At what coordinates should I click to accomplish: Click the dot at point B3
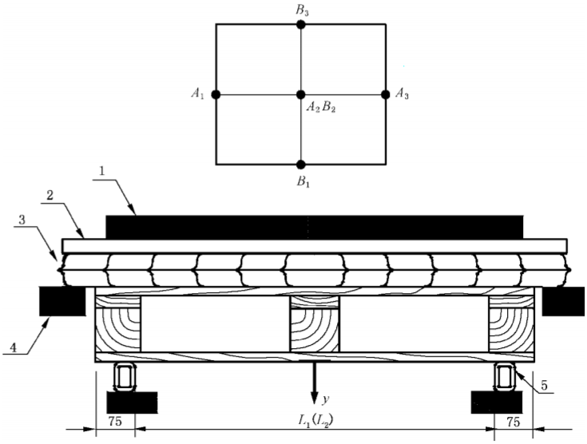coord(300,25)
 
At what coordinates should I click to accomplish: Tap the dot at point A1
coord(216,94)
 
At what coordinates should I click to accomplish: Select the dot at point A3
coord(386,94)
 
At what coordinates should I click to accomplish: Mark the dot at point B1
coord(300,165)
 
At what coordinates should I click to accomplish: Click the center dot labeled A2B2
coord(300,94)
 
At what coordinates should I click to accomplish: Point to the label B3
coord(300,10)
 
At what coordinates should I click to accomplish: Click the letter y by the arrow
coord(326,397)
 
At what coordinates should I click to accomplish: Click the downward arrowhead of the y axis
coord(315,397)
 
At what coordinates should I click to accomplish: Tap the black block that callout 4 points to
coord(61,301)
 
